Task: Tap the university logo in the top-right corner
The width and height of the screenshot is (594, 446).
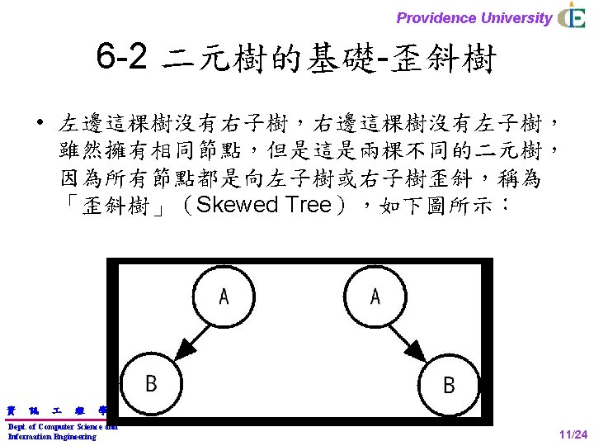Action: (x=572, y=17)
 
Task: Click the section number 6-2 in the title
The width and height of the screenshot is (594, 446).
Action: (x=121, y=58)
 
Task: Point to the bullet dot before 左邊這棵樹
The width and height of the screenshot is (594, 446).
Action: (x=39, y=125)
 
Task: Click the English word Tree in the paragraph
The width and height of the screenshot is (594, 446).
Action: (x=307, y=205)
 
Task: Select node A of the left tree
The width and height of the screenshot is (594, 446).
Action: (x=222, y=295)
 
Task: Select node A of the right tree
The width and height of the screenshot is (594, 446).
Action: (x=375, y=295)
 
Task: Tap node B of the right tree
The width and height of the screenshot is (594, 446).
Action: (x=448, y=384)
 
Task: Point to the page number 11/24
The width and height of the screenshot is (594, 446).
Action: (x=573, y=435)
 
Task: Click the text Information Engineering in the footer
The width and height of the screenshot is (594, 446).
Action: (x=52, y=436)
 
